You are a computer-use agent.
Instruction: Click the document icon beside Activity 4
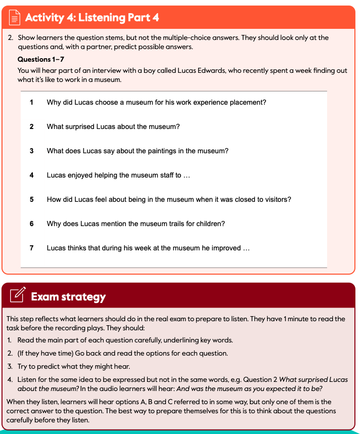click(x=14, y=18)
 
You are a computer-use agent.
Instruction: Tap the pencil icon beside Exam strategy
click(x=17, y=295)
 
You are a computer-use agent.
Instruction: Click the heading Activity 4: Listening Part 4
click(x=92, y=18)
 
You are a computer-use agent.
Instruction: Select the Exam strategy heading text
click(x=68, y=296)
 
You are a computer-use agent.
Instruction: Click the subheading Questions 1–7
click(x=40, y=59)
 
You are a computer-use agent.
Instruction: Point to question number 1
click(x=31, y=102)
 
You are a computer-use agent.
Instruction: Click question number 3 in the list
click(x=31, y=151)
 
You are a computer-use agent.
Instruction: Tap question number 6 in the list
click(x=31, y=224)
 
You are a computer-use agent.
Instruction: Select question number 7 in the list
click(x=31, y=248)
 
